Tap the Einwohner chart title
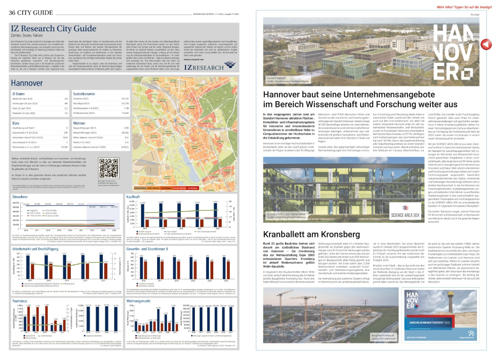point(19,195)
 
